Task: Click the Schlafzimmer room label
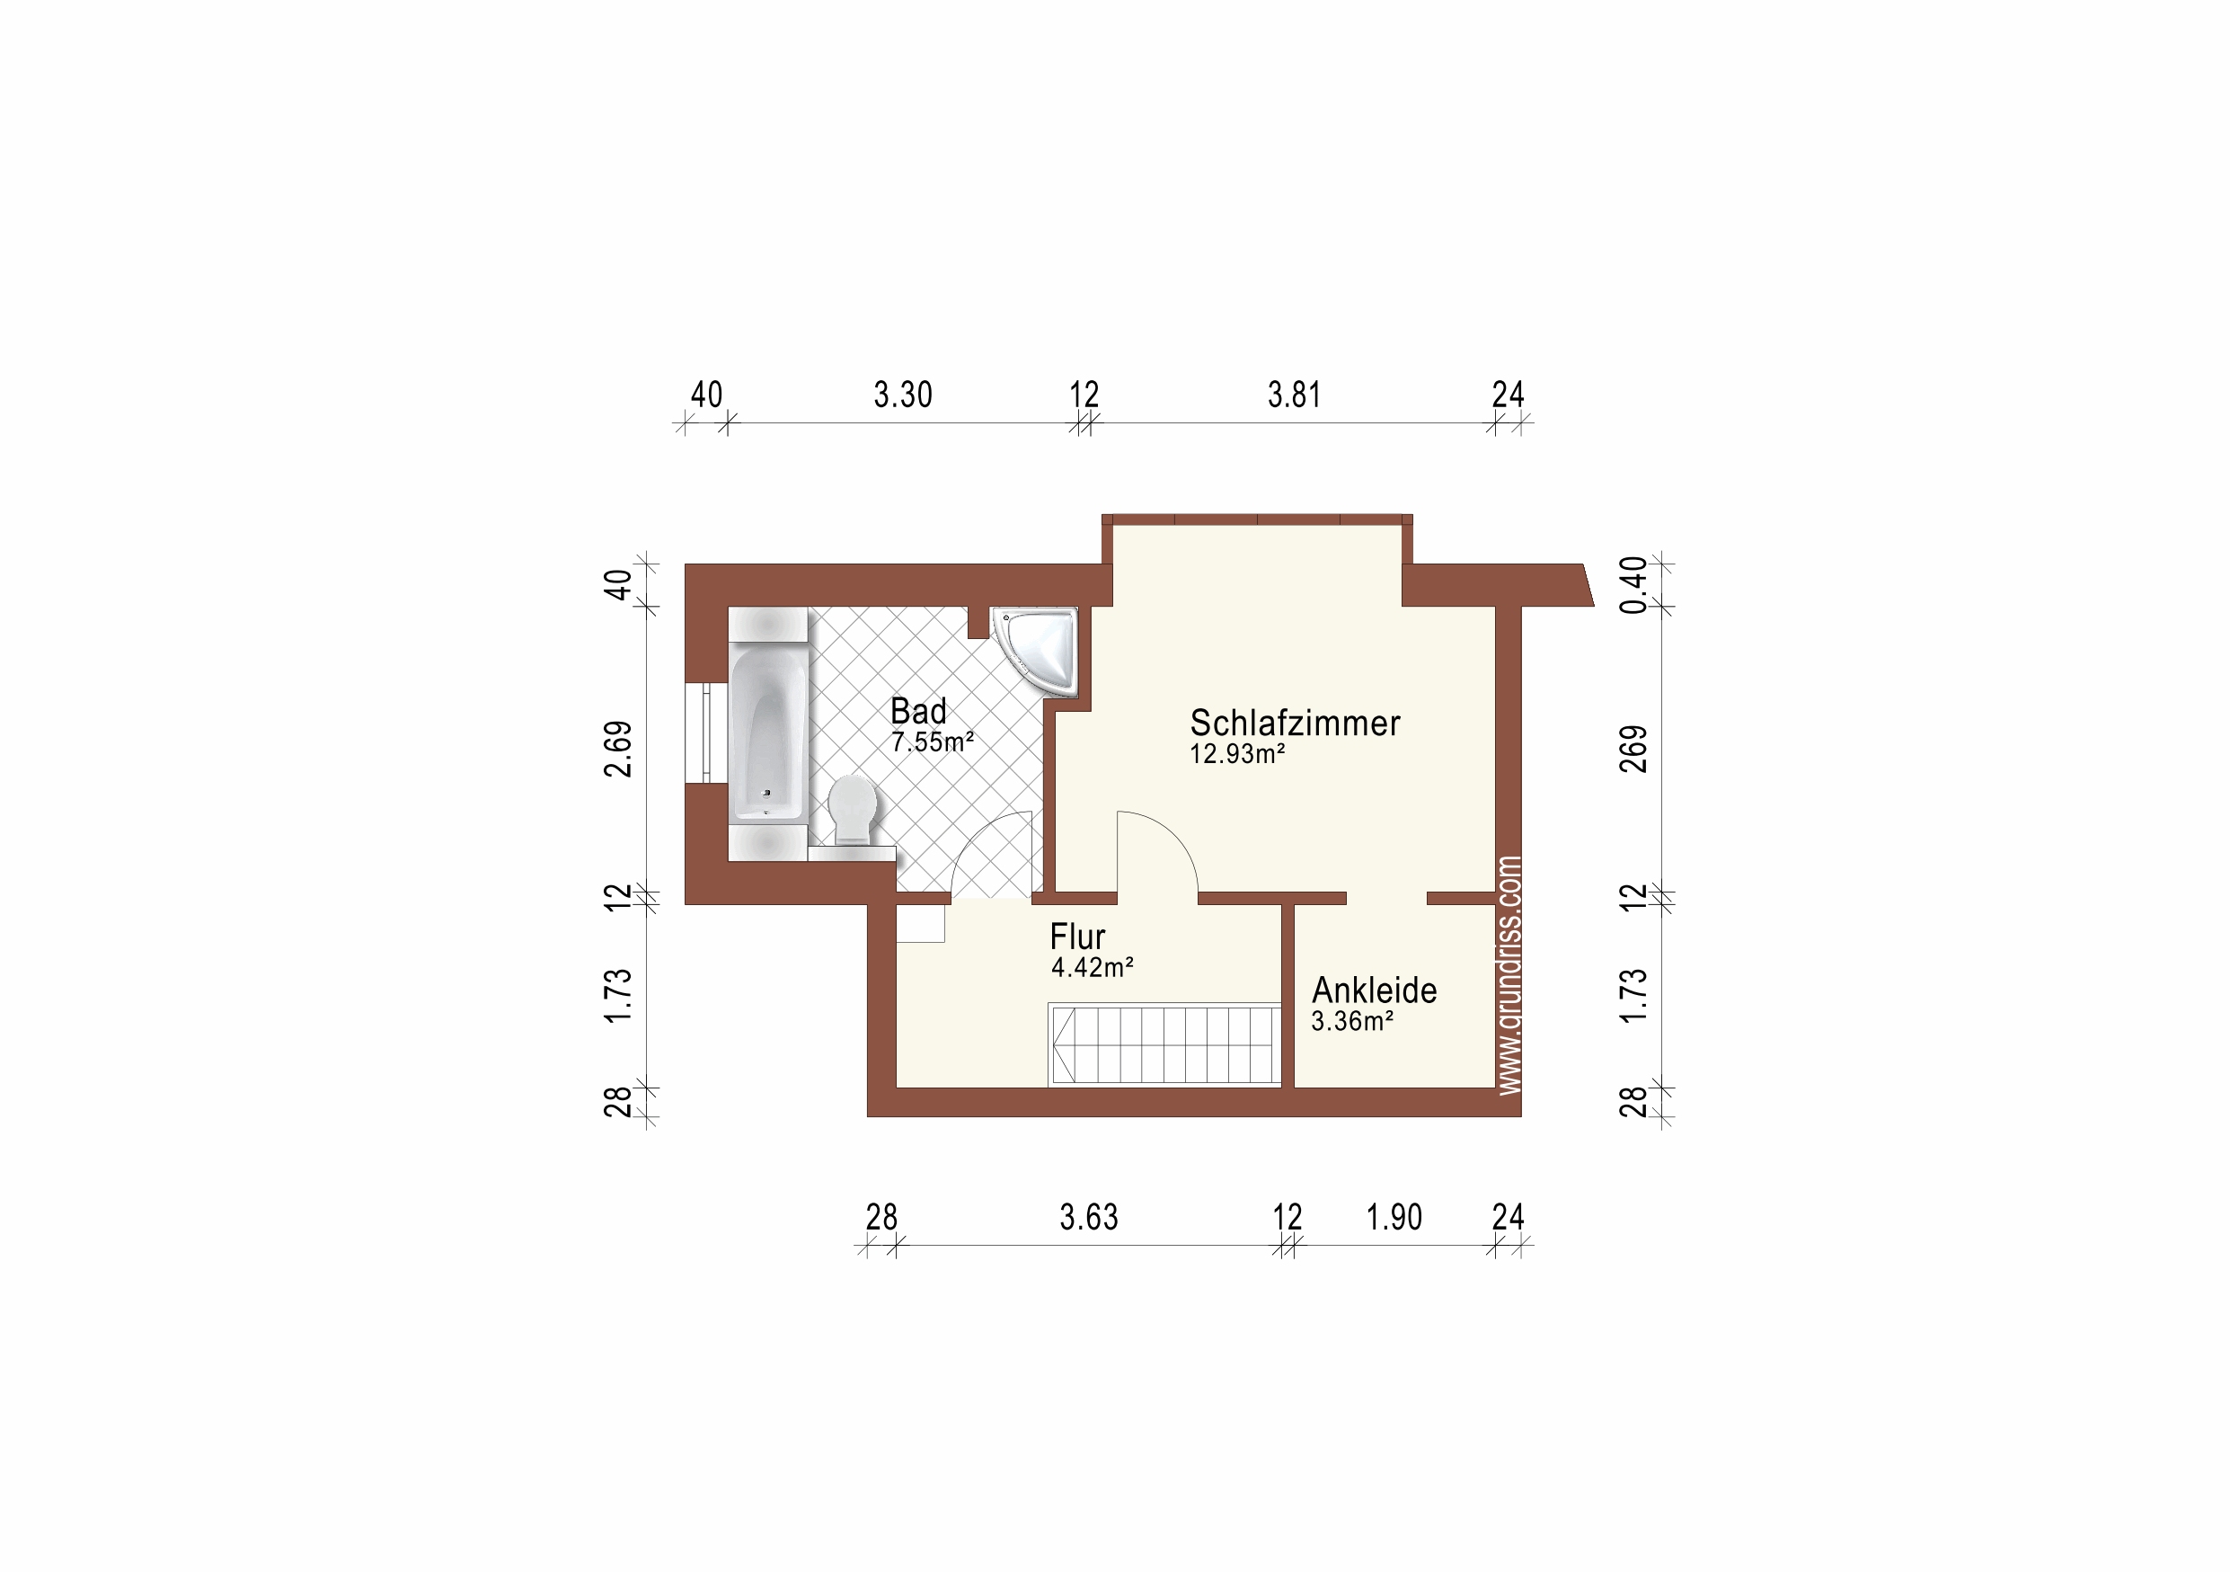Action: (x=1295, y=723)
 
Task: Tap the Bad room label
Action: (x=918, y=711)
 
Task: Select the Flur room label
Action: (x=1077, y=937)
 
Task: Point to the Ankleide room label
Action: (x=1375, y=990)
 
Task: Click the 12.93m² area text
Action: (x=1237, y=754)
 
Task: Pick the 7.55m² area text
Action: (x=933, y=742)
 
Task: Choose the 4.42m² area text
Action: (x=1093, y=968)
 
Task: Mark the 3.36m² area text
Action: (x=1353, y=1021)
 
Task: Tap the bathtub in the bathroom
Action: (x=767, y=733)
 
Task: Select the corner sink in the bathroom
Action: (x=1035, y=650)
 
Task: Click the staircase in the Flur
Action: (x=1165, y=1044)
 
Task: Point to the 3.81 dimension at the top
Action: (x=1294, y=395)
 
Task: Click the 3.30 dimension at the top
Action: (x=902, y=395)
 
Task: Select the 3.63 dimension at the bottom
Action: (x=1089, y=1217)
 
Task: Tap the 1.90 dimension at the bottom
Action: (x=1394, y=1217)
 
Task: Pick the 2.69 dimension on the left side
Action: (x=618, y=749)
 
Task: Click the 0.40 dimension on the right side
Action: (x=1633, y=585)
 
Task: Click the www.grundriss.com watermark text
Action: (x=1509, y=975)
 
